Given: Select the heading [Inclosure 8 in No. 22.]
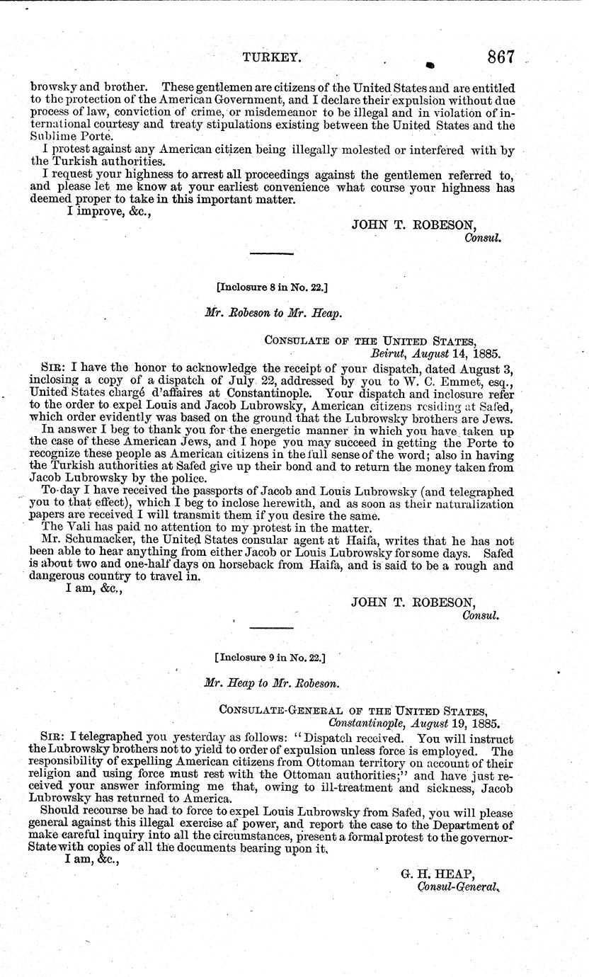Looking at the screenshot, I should [x=272, y=287].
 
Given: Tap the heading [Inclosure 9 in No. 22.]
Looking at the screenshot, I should [x=270, y=657].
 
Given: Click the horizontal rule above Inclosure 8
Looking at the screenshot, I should [x=271, y=253].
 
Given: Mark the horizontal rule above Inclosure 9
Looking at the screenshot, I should [x=271, y=628].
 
